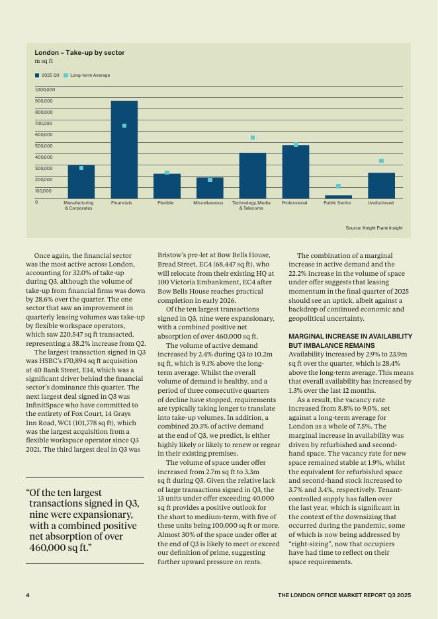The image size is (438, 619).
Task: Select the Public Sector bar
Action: click(337, 196)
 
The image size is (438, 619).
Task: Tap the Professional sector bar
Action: click(295, 172)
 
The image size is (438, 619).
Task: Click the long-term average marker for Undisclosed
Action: click(381, 161)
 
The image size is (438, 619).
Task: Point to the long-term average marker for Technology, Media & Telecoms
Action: click(252, 138)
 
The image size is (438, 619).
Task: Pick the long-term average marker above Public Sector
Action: click(338, 186)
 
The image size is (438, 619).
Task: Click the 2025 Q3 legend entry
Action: click(47, 75)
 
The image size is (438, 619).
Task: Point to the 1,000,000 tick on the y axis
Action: click(45, 89)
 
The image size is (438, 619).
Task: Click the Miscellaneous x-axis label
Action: click(208, 203)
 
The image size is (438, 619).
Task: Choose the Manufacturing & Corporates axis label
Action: click(78, 206)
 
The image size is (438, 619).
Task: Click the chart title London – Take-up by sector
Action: click(79, 53)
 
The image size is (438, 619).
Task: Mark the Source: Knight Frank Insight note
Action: click(374, 228)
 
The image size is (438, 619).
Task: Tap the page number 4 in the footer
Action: click(28, 595)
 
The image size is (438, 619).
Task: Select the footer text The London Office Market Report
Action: click(344, 595)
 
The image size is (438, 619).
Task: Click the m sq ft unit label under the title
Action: click(44, 62)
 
